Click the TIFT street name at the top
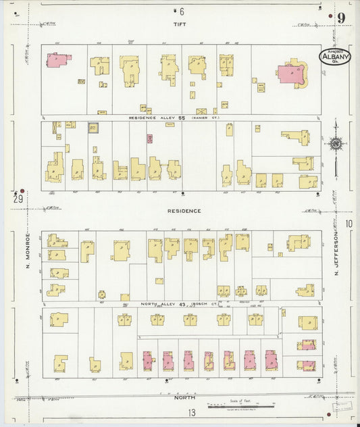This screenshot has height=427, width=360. coord(179,24)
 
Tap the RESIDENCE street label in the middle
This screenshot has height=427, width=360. coord(184,211)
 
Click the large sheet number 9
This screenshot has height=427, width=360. coord(342,18)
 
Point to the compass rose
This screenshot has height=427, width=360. coord(335,143)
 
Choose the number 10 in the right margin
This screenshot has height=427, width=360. coord(349,224)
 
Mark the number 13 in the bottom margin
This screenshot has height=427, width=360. coord(192,413)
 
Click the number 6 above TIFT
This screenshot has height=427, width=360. coord(181,11)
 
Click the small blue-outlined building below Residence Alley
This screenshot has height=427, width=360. coord(93,127)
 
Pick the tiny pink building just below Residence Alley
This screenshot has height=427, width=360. coord(149,139)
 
